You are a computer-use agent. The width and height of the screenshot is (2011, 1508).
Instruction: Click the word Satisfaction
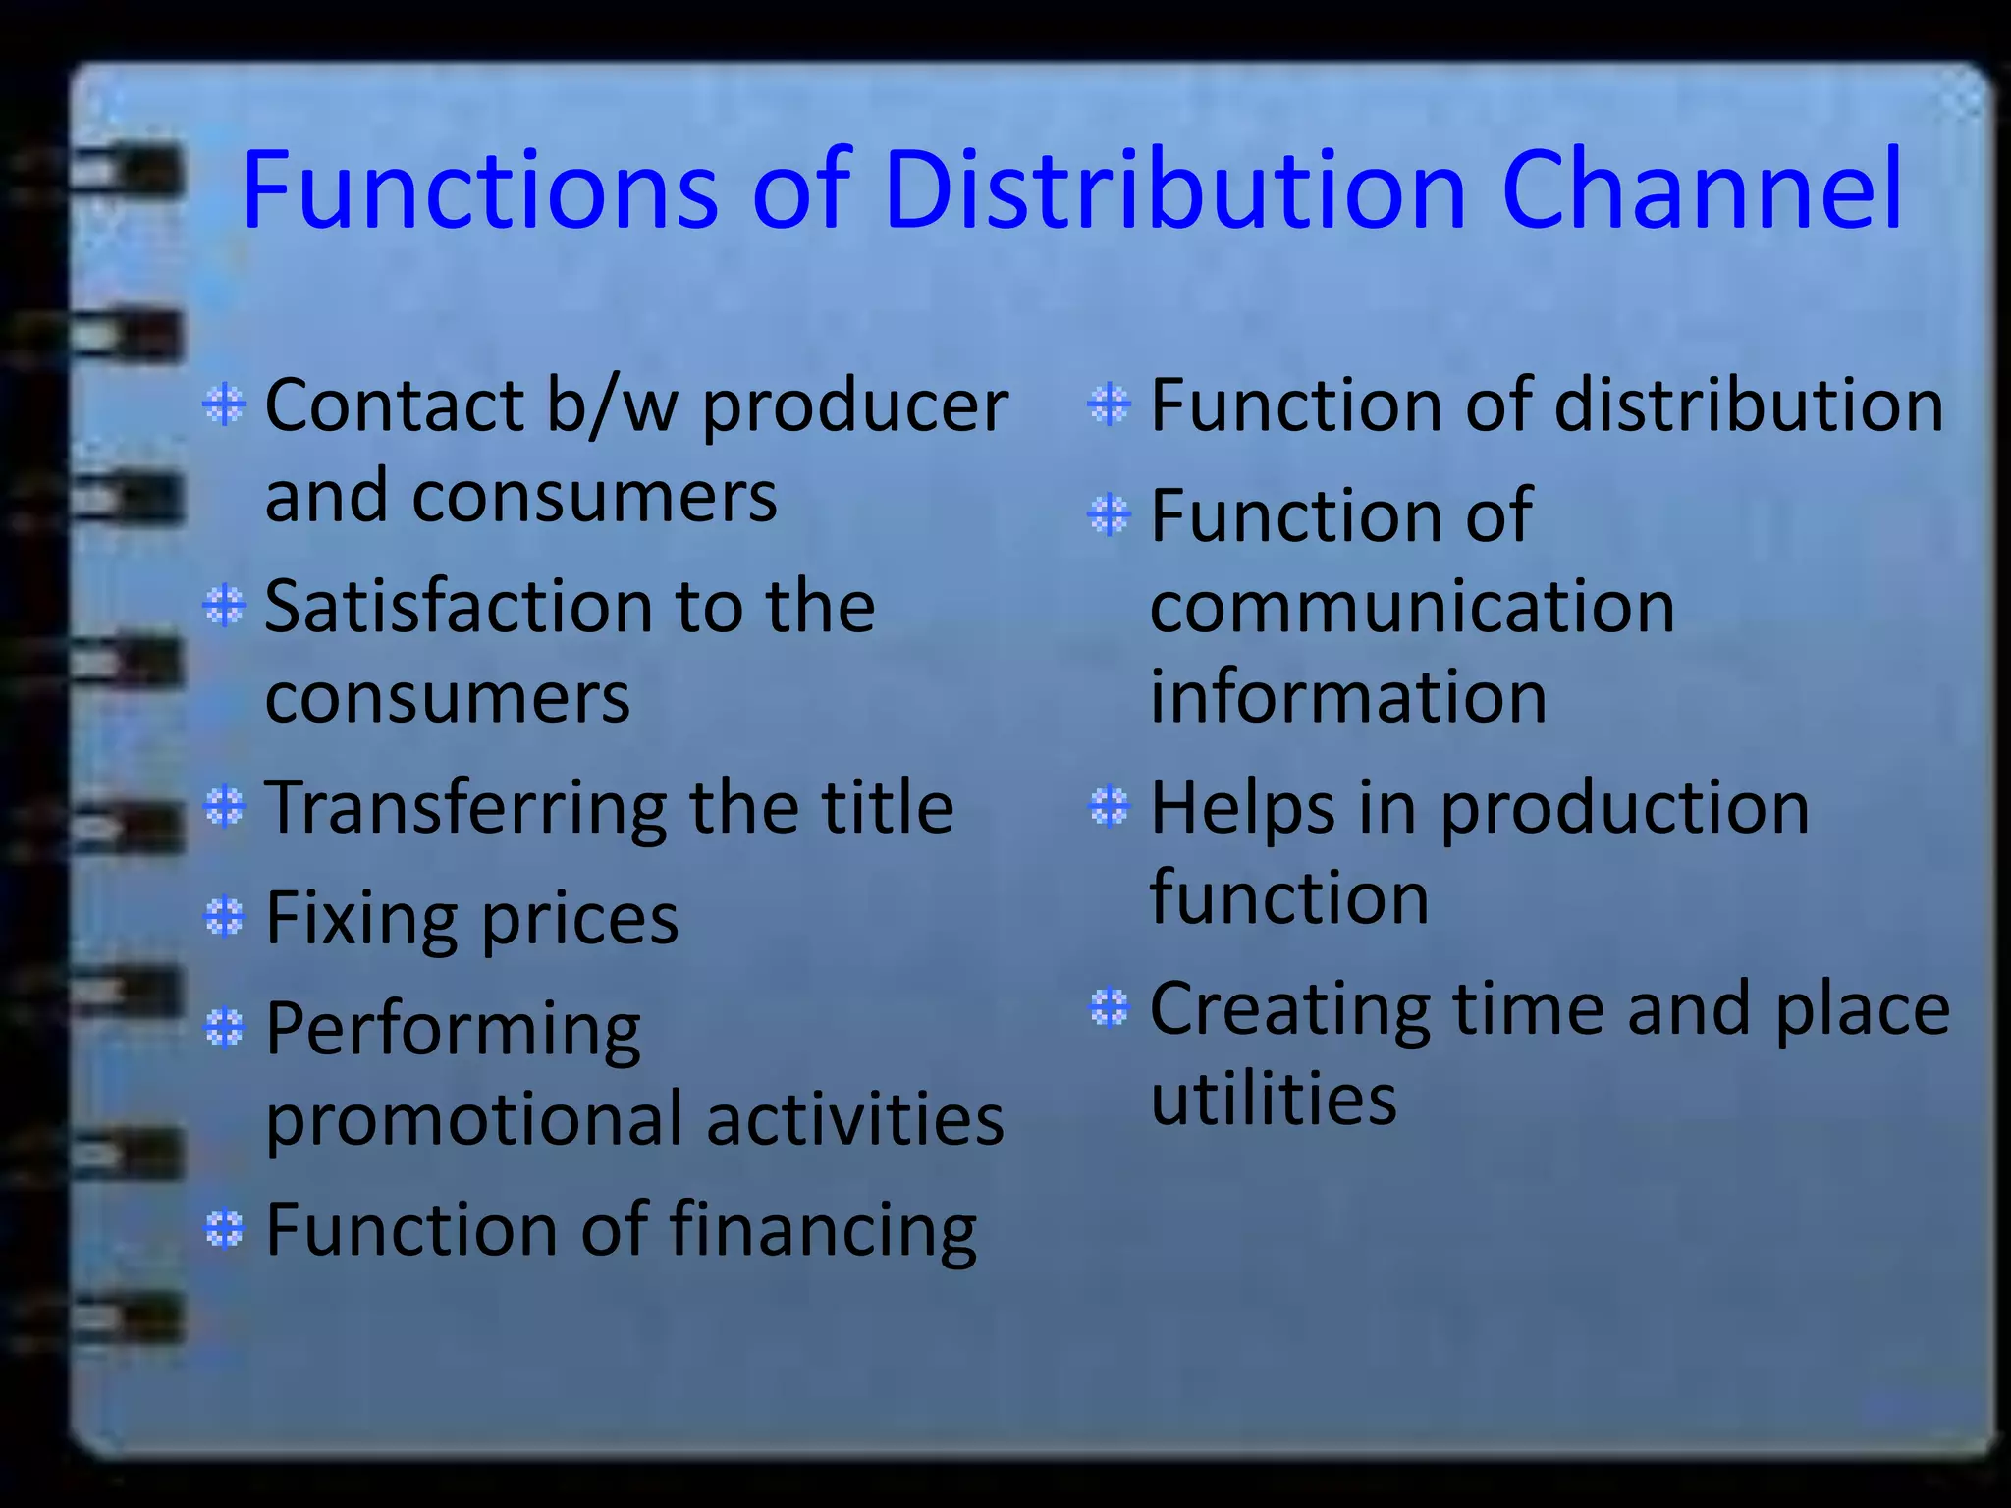456,606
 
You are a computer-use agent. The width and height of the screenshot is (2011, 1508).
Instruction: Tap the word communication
1412,607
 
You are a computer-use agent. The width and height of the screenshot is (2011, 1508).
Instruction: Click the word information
1348,697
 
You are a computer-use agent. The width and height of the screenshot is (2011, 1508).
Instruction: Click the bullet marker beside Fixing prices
225,918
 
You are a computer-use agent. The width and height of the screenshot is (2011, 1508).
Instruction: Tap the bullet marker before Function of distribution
1110,404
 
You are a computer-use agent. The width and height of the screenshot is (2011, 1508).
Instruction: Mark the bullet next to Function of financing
225,1228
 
